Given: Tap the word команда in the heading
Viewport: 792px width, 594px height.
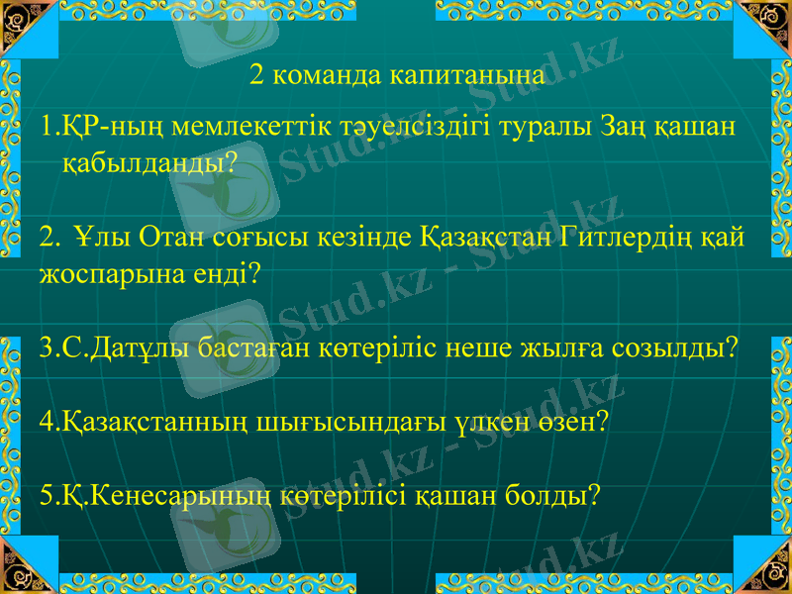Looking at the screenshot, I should click(325, 75).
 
